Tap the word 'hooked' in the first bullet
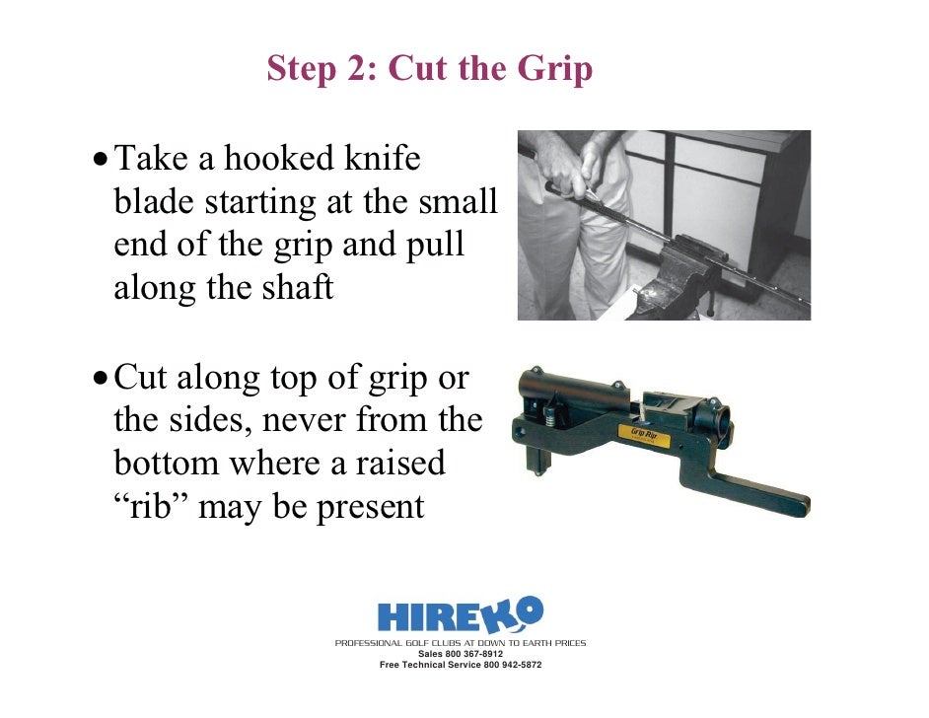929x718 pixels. tap(278, 158)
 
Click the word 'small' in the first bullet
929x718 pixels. tap(458, 201)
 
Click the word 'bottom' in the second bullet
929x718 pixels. tap(167, 463)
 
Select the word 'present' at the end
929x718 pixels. tap(370, 508)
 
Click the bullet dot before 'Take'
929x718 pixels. tap(101, 160)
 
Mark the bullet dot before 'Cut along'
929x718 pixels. tap(101, 378)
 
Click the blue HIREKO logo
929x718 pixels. tap(461, 614)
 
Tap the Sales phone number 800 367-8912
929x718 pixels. tap(461, 654)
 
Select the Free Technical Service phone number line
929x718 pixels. tap(461, 665)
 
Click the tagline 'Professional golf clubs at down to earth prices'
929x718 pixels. tap(461, 643)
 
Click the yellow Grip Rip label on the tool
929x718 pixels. tap(644, 435)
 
